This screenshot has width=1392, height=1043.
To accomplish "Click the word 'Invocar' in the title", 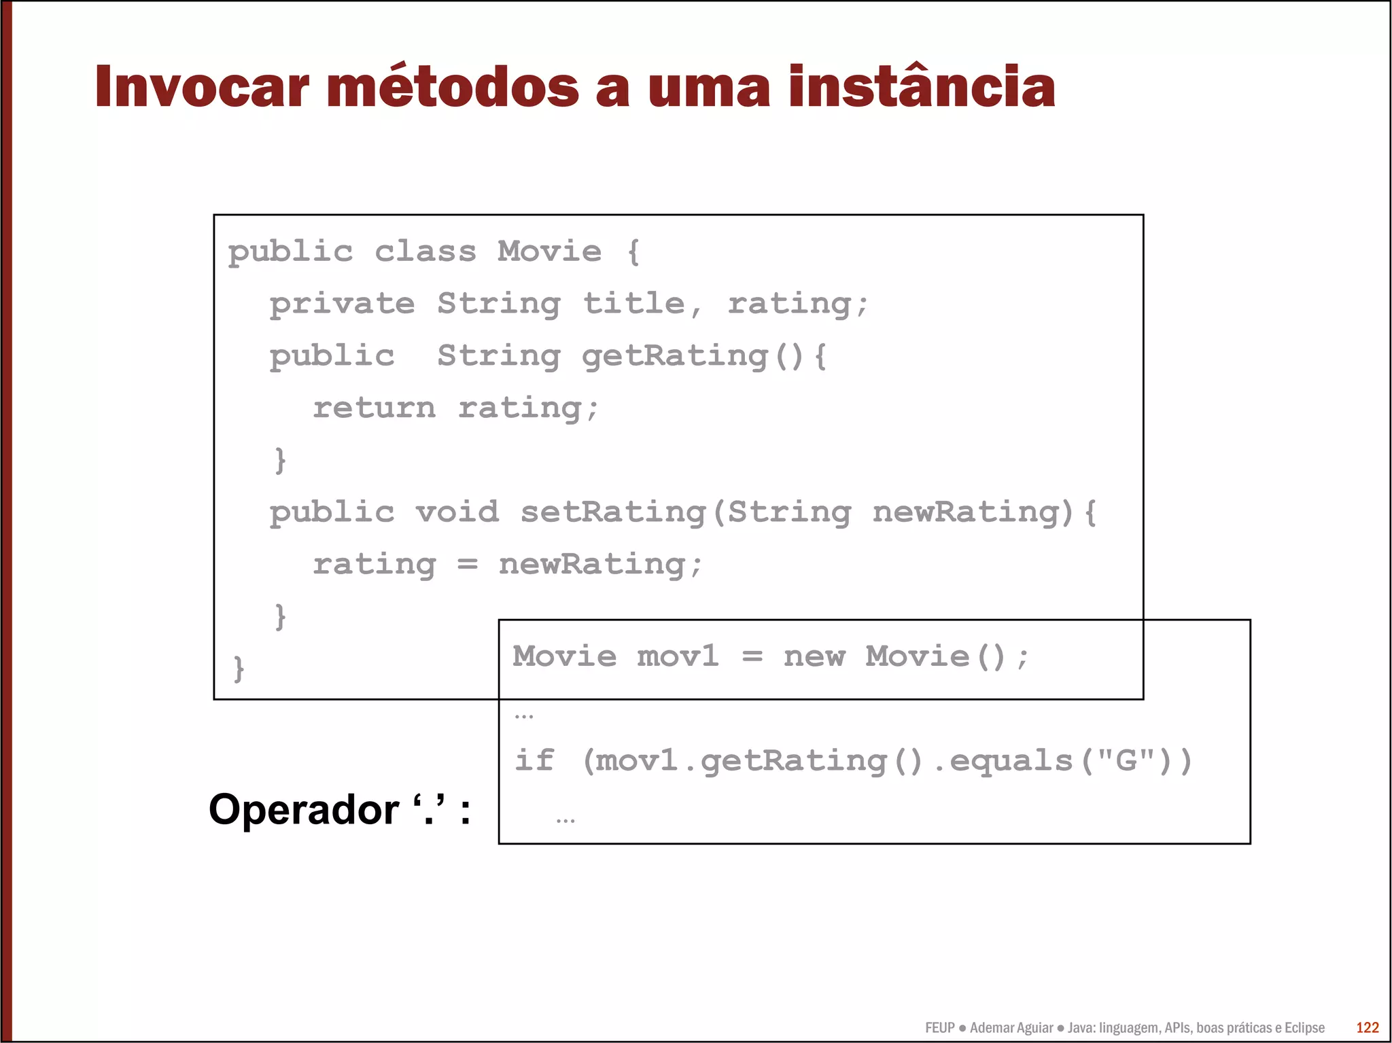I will (x=202, y=87).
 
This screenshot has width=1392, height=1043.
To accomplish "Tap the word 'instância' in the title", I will (x=922, y=87).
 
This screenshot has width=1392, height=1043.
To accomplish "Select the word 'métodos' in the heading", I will (x=453, y=87).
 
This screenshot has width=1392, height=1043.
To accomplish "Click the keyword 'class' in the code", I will (x=425, y=252).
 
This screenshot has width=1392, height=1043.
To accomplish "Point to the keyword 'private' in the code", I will (x=342, y=304).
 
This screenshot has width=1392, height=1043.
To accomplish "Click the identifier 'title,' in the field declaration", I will (x=642, y=304).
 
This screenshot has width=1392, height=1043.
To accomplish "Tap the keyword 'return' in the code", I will (x=374, y=408).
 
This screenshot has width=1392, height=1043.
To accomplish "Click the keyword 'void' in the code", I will (x=457, y=512).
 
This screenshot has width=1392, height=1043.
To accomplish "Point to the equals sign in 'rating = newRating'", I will (x=467, y=565).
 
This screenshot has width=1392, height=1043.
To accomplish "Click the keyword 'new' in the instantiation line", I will (x=814, y=657).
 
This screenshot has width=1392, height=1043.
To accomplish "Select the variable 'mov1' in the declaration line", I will (x=677, y=657).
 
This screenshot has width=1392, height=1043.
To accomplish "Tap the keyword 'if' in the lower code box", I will (x=534, y=760).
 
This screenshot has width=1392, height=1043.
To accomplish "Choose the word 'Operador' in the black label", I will (x=304, y=809).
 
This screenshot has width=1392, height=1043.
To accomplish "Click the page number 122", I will (x=1367, y=1028).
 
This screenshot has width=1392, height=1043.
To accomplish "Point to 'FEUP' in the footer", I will (x=939, y=1028).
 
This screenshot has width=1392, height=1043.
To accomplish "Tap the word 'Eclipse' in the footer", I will (x=1304, y=1028).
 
